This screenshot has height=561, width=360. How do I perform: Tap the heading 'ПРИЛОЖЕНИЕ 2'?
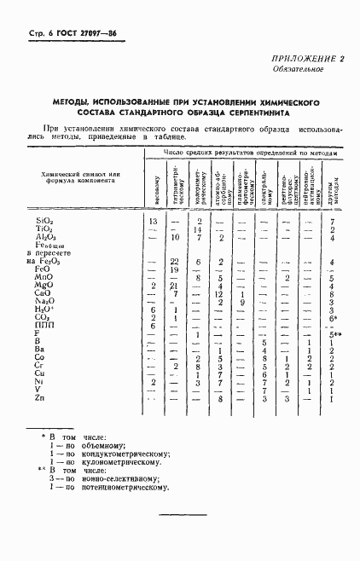pos(305,59)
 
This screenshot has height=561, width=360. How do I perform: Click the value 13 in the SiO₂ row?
pos(154,222)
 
